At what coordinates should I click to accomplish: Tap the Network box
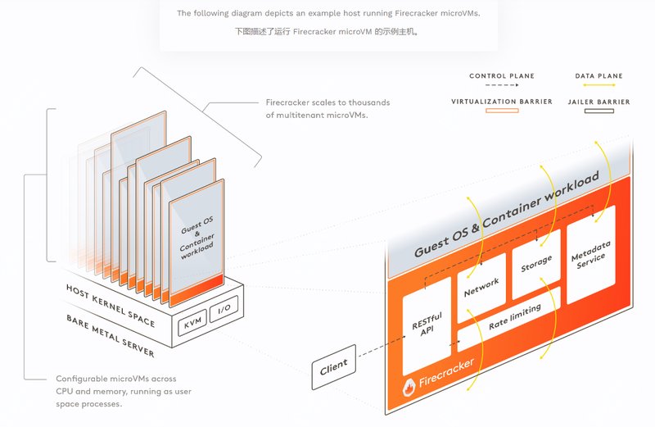pos(481,284)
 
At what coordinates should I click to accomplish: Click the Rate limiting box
pos(513,318)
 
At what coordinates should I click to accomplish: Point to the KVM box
pos(193,325)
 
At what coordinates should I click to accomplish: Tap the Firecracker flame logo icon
pos(407,386)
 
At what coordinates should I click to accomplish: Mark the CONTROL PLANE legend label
pos(502,76)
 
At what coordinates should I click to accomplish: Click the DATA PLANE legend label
pos(599,76)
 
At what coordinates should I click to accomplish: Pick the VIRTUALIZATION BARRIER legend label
pos(502,102)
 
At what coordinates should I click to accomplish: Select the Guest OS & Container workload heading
pos(508,214)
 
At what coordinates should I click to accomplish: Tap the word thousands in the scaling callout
pos(369,102)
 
